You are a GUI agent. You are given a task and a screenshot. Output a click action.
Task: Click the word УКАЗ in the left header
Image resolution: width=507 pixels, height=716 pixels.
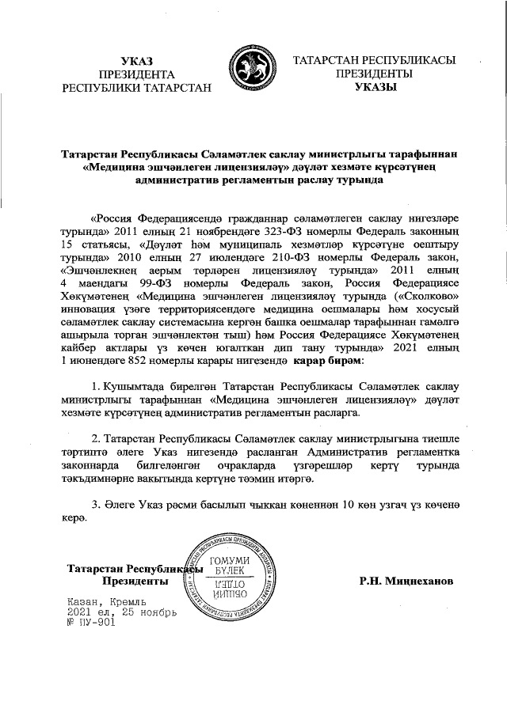point(137,62)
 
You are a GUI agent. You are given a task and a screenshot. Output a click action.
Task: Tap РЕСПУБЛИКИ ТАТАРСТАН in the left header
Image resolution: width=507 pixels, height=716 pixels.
point(137,88)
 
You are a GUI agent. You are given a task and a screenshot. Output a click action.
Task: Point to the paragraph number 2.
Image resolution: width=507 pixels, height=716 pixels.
point(97,438)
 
